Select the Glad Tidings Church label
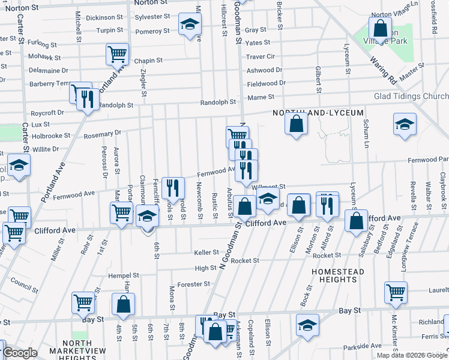click(x=410, y=97)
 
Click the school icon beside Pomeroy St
click(x=190, y=25)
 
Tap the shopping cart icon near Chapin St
click(x=117, y=54)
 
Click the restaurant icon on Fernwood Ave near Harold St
click(x=172, y=188)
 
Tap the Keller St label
click(x=206, y=253)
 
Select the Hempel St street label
click(x=123, y=275)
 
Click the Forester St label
click(x=194, y=284)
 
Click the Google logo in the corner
click(x=19, y=353)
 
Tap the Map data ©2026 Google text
click(x=411, y=355)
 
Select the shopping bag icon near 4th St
click(x=124, y=305)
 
